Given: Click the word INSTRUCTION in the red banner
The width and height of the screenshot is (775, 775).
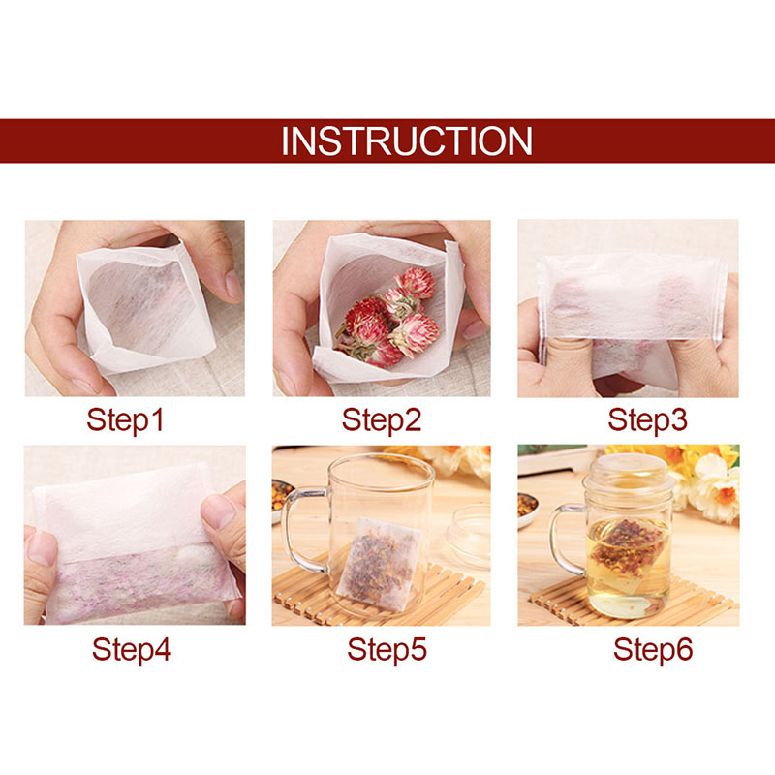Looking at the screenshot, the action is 407,141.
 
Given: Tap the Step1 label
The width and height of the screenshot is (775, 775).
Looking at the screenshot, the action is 125,420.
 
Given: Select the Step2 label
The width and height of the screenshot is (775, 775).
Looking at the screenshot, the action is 382,420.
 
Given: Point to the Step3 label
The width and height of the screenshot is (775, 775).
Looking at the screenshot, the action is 647,420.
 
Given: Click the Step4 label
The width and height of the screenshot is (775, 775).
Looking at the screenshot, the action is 132,649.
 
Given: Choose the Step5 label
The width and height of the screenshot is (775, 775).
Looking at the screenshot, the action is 387,649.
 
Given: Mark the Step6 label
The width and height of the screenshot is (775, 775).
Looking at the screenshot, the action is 653,649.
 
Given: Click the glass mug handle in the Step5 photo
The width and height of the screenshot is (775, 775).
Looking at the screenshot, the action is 298,529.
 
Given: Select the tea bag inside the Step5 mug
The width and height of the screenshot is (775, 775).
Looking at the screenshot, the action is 379,564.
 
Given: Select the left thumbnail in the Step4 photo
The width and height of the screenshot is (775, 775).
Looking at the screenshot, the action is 42,548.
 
